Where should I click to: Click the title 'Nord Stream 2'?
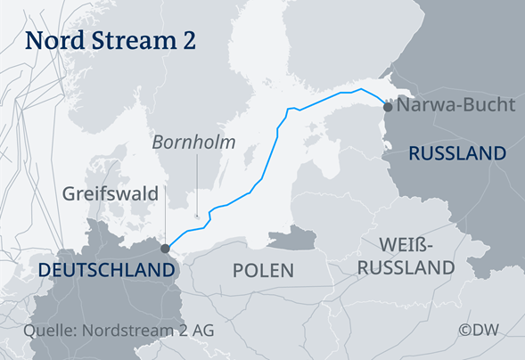(111, 40)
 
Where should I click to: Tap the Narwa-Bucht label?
(456, 105)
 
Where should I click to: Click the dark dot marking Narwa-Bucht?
(388, 106)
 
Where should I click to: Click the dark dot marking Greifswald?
(165, 249)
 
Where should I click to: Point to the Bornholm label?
(193, 142)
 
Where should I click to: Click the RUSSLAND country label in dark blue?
(457, 154)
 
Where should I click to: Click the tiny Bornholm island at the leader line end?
(197, 216)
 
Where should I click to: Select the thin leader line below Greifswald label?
(165, 223)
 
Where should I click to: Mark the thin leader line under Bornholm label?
(196, 183)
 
